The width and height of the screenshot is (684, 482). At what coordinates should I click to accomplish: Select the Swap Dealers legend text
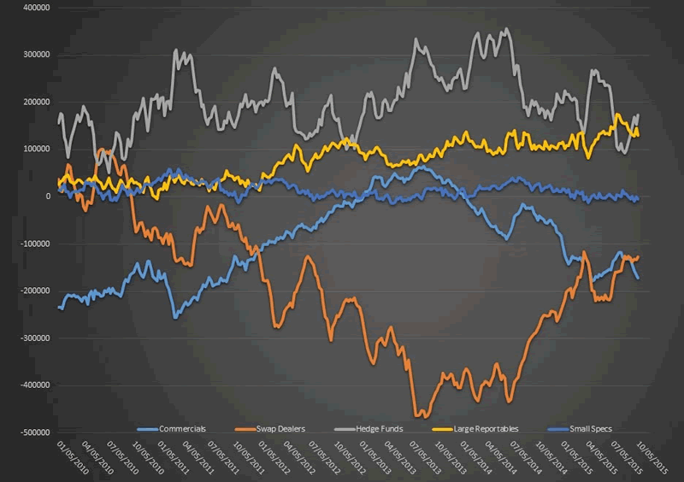point(279,428)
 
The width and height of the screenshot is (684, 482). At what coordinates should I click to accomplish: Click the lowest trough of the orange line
point(417,416)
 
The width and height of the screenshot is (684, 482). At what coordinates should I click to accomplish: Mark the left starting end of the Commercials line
point(58,308)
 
